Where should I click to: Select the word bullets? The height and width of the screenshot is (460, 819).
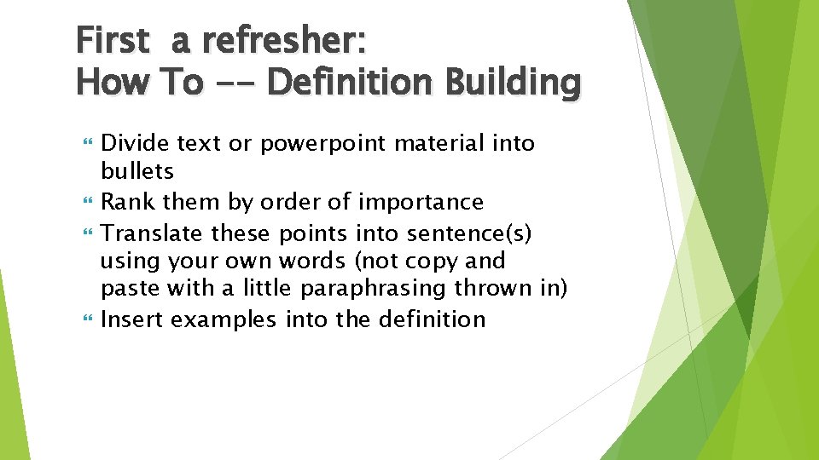click(x=137, y=171)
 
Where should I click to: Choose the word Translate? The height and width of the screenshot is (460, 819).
click(x=153, y=233)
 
